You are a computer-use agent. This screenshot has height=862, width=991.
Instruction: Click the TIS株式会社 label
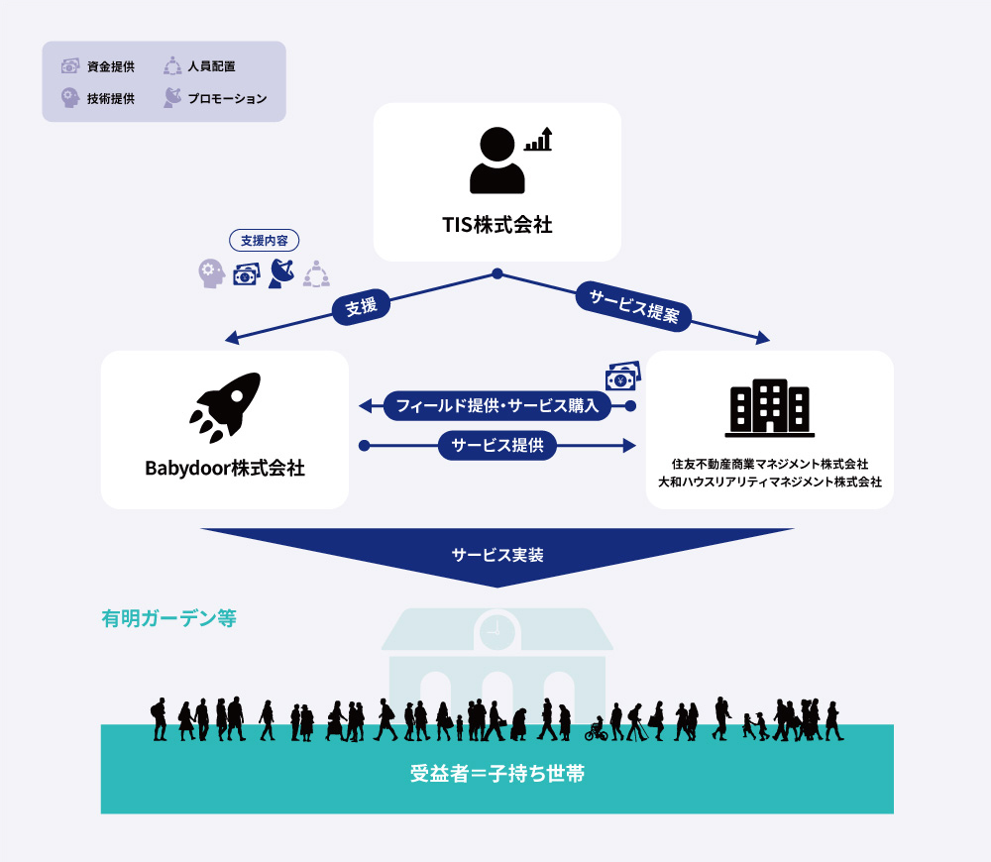(497, 224)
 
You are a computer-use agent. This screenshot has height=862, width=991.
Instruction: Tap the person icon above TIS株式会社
(497, 160)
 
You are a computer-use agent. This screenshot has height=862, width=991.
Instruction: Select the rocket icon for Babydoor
(225, 407)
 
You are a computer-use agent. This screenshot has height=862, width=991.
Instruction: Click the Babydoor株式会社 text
(225, 469)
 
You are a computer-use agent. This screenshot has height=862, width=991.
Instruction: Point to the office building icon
(770, 407)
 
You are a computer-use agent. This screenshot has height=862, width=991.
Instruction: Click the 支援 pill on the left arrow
(361, 307)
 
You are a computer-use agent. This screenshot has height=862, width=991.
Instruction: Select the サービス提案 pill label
(633, 306)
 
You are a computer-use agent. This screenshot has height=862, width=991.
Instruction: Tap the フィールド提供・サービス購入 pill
(497, 405)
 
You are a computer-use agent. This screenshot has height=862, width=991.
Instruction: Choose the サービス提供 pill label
(497, 446)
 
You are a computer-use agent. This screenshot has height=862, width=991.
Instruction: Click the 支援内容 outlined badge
(265, 240)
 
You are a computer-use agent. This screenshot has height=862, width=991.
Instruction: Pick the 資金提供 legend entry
(98, 66)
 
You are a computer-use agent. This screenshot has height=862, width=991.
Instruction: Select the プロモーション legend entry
(215, 98)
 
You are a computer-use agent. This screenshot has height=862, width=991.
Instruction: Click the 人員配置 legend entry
(199, 65)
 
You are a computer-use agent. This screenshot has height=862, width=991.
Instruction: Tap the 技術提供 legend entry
(98, 98)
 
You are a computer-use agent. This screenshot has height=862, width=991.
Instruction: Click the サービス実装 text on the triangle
(497, 555)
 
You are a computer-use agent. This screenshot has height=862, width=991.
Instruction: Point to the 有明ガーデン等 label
(168, 618)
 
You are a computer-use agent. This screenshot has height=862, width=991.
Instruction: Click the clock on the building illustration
(497, 631)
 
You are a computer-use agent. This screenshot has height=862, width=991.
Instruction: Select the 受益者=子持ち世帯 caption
(497, 773)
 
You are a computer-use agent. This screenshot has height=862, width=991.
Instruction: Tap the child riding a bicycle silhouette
(596, 729)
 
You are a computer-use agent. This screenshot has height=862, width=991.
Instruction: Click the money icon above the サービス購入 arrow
(623, 377)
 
